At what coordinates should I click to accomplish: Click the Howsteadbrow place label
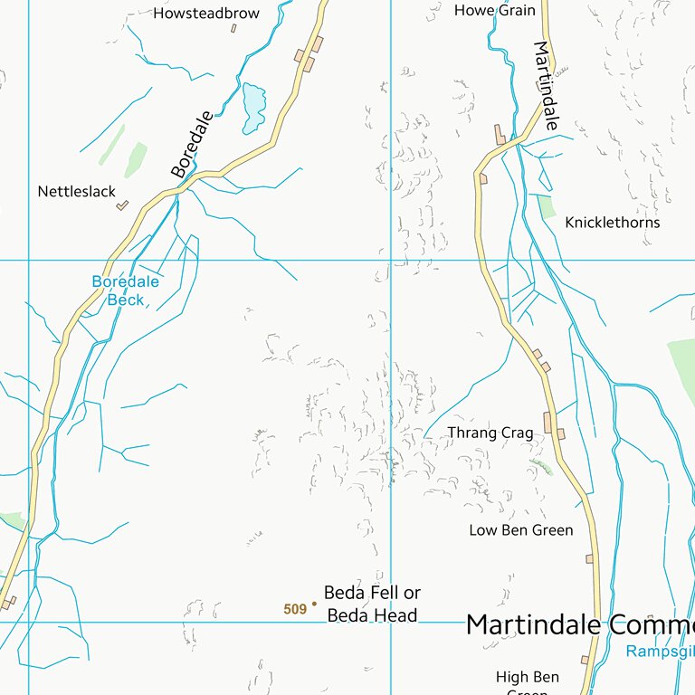[x=206, y=14]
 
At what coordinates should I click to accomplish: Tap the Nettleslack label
[x=77, y=192]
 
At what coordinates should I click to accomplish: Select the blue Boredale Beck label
[x=125, y=290]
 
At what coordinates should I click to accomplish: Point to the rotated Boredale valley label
[x=192, y=144]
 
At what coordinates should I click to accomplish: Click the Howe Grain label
[x=494, y=11]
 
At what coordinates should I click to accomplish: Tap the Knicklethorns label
[x=612, y=223]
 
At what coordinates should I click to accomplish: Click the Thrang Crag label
[x=490, y=433]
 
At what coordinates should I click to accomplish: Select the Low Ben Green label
[x=520, y=530]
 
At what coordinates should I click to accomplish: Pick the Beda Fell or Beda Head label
[x=372, y=605]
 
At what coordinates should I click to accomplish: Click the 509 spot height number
[x=295, y=610]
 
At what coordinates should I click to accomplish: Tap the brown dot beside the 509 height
[x=314, y=604]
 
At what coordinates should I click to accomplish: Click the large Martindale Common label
[x=579, y=625]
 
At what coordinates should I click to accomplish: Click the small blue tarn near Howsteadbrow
[x=253, y=107]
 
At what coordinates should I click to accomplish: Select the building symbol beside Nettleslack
[x=122, y=205]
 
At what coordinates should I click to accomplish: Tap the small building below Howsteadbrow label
[x=233, y=29]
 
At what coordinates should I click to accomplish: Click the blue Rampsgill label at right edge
[x=661, y=651]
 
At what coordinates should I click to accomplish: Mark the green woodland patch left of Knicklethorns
[x=546, y=207]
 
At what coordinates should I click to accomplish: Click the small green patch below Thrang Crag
[x=541, y=467]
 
